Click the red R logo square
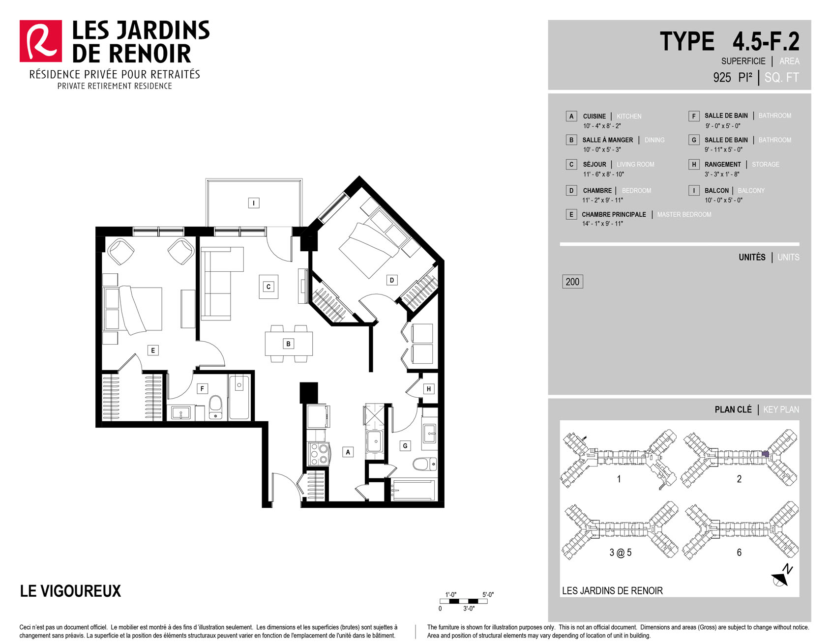(x=41, y=41)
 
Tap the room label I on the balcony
(x=254, y=203)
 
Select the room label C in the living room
(x=268, y=287)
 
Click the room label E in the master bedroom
(x=153, y=350)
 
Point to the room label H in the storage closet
(x=429, y=389)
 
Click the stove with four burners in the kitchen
(x=318, y=454)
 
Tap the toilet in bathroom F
(x=216, y=408)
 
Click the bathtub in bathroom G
(x=413, y=490)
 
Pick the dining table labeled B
(x=289, y=344)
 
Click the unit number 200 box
(x=572, y=282)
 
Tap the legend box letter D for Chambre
(x=571, y=191)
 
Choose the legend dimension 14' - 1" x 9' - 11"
(x=602, y=224)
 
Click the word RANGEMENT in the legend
(x=722, y=164)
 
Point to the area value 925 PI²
(x=733, y=78)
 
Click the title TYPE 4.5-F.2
(x=730, y=41)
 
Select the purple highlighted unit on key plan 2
(x=765, y=454)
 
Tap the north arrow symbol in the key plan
(x=782, y=576)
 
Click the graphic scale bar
(x=464, y=601)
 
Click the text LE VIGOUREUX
(x=70, y=591)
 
